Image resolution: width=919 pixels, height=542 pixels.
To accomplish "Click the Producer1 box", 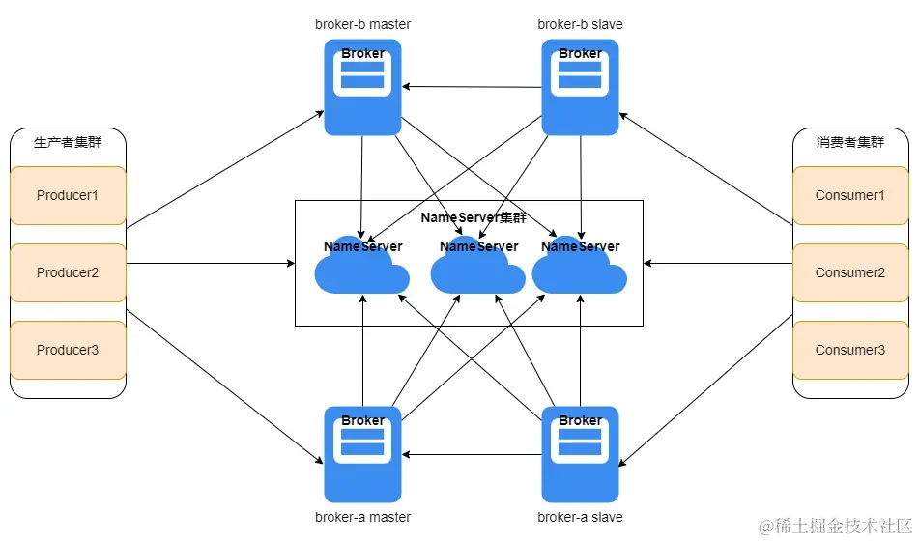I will (x=68, y=195).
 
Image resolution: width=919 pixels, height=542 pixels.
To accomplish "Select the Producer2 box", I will (x=68, y=272).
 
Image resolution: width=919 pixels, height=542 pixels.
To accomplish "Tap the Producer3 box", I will (x=68, y=350).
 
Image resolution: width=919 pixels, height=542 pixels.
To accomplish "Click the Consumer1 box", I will (x=850, y=195).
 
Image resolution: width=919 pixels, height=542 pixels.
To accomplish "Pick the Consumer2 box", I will (x=850, y=272).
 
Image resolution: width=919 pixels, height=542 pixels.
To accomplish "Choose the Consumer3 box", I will (x=850, y=350).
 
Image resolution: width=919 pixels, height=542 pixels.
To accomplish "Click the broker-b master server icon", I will (x=362, y=87).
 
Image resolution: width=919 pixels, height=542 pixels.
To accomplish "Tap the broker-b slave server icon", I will (x=580, y=87).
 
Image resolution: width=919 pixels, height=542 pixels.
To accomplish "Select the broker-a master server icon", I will (x=362, y=454).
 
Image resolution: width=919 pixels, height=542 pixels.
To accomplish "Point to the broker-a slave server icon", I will (x=580, y=454).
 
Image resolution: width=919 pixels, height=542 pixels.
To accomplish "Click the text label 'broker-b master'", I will (x=362, y=24).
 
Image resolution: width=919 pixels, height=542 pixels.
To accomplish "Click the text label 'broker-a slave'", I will (x=580, y=517).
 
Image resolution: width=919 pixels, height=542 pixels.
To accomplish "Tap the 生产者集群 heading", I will (x=68, y=142).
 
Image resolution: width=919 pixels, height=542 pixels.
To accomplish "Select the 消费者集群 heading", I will (x=850, y=142).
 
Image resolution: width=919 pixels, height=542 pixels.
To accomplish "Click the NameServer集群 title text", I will (x=474, y=218).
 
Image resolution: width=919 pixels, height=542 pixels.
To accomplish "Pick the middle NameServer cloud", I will (x=477, y=271).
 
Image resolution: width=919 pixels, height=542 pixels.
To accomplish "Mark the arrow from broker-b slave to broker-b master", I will (x=472, y=87).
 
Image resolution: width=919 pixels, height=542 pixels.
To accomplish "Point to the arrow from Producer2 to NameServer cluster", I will (x=211, y=263).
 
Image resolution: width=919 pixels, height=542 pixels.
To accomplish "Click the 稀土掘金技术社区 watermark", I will (x=835, y=526).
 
